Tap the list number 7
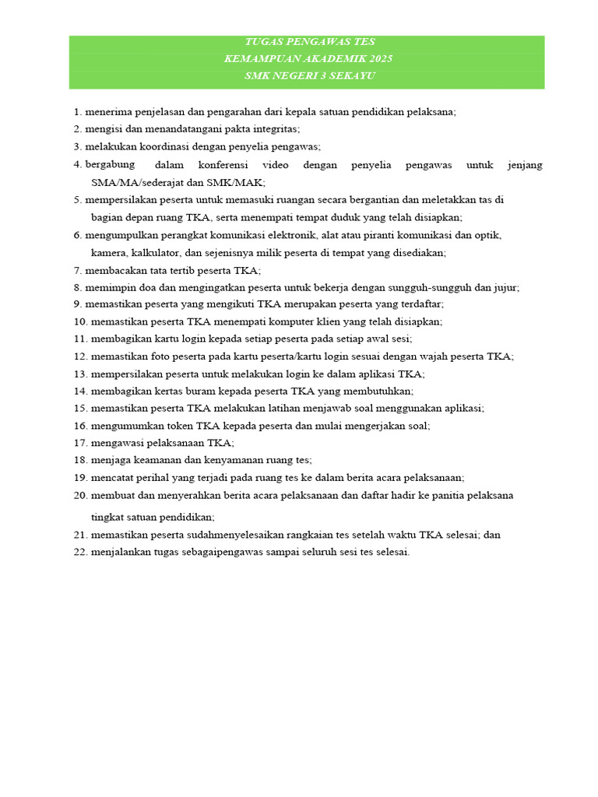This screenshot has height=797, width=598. (77, 271)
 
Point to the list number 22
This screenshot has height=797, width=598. (80, 553)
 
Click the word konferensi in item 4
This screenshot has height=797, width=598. (223, 165)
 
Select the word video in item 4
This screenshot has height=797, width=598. (275, 165)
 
